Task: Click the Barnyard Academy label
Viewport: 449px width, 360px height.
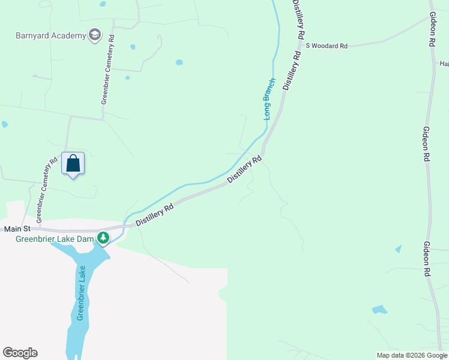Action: tap(51, 35)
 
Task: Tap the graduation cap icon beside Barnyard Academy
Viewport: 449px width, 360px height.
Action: tap(94, 35)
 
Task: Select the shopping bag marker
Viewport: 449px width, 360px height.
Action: tap(73, 163)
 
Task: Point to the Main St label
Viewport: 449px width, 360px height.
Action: tap(17, 229)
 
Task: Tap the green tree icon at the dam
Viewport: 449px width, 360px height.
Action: tap(103, 239)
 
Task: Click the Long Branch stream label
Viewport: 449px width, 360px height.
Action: tap(270, 99)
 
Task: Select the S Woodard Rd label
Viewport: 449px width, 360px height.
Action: tap(327, 46)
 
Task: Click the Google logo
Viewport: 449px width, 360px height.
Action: tap(20, 353)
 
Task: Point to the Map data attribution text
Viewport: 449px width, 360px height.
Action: tap(412, 355)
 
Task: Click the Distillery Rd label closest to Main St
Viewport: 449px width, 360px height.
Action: tap(154, 214)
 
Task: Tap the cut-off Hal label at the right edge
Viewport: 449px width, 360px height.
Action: tap(444, 64)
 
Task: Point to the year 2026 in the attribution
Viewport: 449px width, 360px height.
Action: tap(415, 355)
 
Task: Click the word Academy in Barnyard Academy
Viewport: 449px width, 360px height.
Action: tap(70, 35)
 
